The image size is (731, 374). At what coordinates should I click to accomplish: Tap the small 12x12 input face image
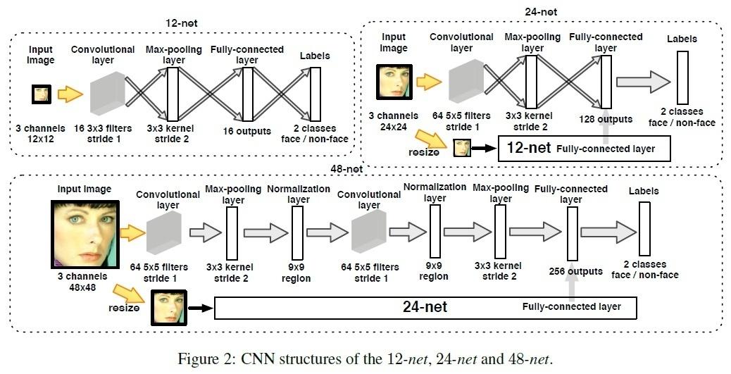(x=42, y=94)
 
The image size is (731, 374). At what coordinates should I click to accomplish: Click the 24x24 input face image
(x=392, y=80)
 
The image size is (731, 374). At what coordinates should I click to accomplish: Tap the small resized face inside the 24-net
(x=461, y=148)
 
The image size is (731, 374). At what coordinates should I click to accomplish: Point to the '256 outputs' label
(x=575, y=271)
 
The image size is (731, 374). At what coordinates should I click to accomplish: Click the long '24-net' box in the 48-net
(x=425, y=307)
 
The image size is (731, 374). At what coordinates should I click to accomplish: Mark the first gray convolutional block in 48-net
(x=163, y=232)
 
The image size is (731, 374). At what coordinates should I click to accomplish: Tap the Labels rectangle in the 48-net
(x=644, y=228)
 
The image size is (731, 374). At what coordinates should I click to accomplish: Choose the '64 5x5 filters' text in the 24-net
(x=461, y=116)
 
